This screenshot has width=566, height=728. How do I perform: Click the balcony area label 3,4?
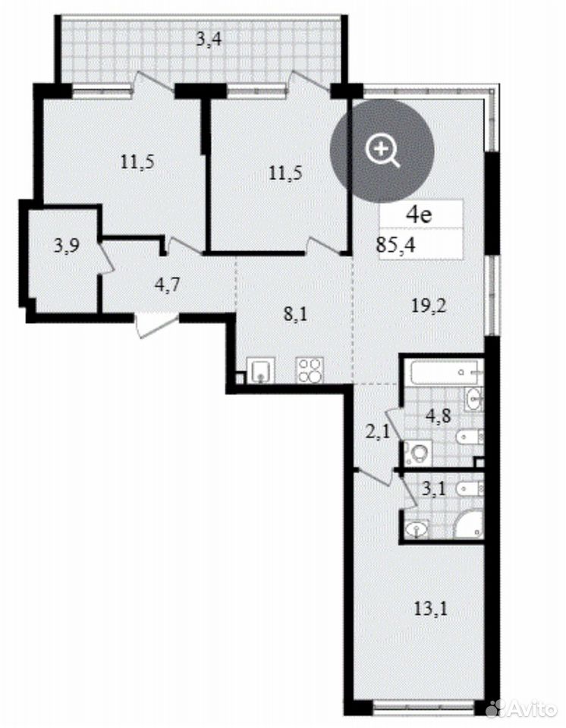pyautogui.click(x=209, y=39)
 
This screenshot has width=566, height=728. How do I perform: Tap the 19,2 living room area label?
pyautogui.click(x=429, y=306)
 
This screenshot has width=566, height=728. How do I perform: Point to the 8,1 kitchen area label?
pyautogui.click(x=296, y=315)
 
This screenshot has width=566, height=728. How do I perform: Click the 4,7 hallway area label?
pyautogui.click(x=166, y=284)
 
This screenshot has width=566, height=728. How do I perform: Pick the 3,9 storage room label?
pyautogui.click(x=66, y=245)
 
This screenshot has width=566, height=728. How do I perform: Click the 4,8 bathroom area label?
pyautogui.click(x=439, y=416)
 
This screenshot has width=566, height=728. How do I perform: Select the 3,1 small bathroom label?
pyautogui.click(x=435, y=489)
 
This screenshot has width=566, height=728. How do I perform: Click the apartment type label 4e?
pyautogui.click(x=419, y=215)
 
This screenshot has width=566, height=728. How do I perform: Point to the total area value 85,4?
pyautogui.click(x=395, y=244)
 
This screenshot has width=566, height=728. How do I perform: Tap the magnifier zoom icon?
pyautogui.click(x=382, y=150)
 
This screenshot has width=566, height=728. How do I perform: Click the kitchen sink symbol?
pyautogui.click(x=260, y=371)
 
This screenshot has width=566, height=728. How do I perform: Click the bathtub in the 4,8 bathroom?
pyautogui.click(x=447, y=372)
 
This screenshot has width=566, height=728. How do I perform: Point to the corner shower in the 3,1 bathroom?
pyautogui.click(x=468, y=526)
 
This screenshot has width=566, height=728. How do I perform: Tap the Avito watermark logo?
pyautogui.click(x=520, y=709)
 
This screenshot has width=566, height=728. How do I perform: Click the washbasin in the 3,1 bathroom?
pyautogui.click(x=417, y=529)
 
